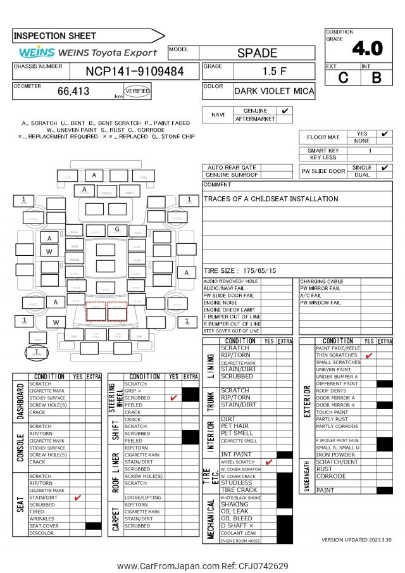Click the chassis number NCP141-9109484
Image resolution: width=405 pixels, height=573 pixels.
point(135,72)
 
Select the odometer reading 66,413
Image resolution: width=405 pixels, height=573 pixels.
point(73,91)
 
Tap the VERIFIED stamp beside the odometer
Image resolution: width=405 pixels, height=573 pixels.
point(137,91)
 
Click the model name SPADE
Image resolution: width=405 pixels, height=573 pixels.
point(257,53)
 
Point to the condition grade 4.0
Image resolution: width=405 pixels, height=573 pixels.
point(367,48)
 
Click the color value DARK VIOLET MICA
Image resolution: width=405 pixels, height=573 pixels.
point(274,91)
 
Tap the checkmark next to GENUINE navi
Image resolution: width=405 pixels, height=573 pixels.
point(285,111)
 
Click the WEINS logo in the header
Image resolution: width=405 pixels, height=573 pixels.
point(37,53)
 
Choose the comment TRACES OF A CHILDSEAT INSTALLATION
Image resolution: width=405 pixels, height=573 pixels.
point(271,199)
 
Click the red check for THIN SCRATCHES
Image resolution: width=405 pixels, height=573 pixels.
point(369,355)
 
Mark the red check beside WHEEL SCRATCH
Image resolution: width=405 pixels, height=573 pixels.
point(269,462)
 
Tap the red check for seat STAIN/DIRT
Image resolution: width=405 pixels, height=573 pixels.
point(78,498)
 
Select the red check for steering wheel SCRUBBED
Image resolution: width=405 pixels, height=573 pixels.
point(173,398)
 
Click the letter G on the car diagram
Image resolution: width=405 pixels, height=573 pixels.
point(117,229)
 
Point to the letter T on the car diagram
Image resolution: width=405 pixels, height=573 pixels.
point(37,351)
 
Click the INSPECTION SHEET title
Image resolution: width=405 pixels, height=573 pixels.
point(55,36)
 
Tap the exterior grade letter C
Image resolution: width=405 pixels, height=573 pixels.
point(344,77)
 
